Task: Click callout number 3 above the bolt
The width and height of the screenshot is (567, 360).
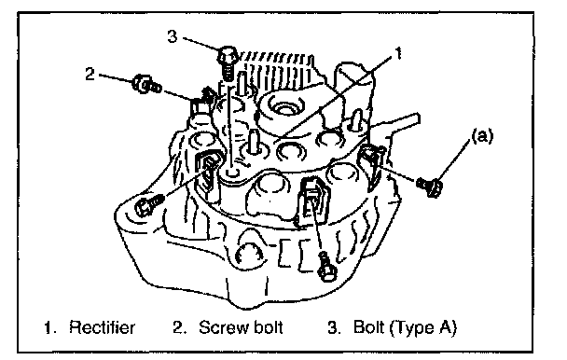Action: coord(173,36)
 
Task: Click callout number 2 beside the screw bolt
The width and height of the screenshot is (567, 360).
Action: coord(90,75)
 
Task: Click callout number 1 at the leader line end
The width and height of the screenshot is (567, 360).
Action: coord(398,53)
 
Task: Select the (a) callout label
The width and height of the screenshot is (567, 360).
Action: coord(482,136)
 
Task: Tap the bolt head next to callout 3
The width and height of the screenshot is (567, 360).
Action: coord(228,57)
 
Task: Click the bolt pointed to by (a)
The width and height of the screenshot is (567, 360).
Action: coord(430,187)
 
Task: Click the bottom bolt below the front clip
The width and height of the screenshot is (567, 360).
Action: coord(326,267)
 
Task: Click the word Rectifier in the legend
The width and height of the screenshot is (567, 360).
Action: coord(102,327)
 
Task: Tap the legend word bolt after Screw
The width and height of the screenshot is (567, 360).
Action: coord(268,327)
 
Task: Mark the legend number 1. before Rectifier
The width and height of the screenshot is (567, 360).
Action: coord(50,327)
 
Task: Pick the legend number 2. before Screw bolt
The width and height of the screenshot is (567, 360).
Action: coord(180,327)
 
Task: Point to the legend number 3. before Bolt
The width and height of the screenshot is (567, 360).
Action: coord(335,327)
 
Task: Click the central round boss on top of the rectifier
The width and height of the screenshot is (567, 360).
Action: coord(284,107)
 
